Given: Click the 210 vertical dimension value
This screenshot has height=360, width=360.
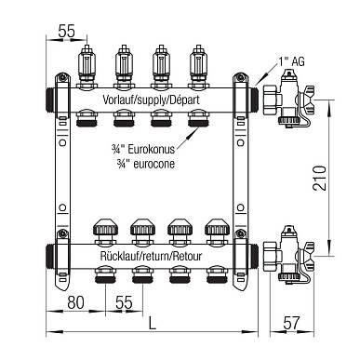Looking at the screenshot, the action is (320, 178).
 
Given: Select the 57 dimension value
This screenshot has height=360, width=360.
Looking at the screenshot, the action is (292, 323).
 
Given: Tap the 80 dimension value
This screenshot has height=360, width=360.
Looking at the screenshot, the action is (75, 302).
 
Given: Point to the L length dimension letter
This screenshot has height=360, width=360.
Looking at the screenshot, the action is (152, 324).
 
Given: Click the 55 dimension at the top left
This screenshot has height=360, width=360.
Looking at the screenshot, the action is (67, 31).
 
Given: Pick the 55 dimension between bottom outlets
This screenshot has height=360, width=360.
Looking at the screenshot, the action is (124, 302).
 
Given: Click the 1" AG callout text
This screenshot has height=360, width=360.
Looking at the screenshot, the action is (291, 61).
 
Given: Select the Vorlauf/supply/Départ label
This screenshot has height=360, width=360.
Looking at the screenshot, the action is (151, 100).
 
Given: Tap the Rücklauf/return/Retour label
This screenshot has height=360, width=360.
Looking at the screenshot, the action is (151, 256).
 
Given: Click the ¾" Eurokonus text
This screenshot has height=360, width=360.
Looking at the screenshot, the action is (143, 149).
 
